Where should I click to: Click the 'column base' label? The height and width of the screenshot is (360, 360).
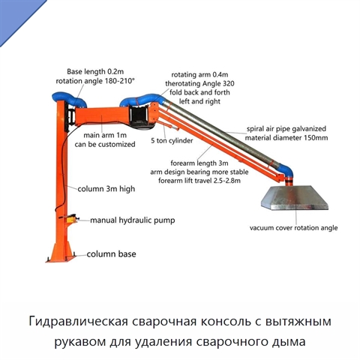(112, 254)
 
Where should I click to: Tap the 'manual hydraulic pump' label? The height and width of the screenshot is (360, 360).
(133, 220)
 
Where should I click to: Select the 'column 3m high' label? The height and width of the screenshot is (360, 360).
(106, 189)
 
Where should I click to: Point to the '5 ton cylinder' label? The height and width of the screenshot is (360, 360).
(172, 140)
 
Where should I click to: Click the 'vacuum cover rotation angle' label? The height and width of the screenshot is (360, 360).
(294, 228)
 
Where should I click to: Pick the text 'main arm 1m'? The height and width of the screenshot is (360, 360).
(105, 135)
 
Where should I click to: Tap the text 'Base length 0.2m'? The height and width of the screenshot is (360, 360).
(95, 72)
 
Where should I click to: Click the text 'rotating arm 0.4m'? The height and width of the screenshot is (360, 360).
(199, 74)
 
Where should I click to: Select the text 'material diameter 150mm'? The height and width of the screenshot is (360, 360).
(286, 138)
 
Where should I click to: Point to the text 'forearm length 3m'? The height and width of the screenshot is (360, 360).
(199, 163)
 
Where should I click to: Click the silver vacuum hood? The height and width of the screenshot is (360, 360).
(295, 198)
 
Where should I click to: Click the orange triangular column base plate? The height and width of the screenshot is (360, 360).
(61, 253)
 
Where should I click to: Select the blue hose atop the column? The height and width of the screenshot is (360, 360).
(69, 100)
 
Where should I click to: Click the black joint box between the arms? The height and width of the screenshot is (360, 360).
(139, 116)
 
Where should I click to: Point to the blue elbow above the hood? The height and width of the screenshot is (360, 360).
(286, 170)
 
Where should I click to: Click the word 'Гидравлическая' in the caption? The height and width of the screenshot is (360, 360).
(79, 322)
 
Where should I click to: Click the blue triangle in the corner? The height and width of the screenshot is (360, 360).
(16, 15)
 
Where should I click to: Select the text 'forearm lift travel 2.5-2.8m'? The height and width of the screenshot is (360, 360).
(199, 181)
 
